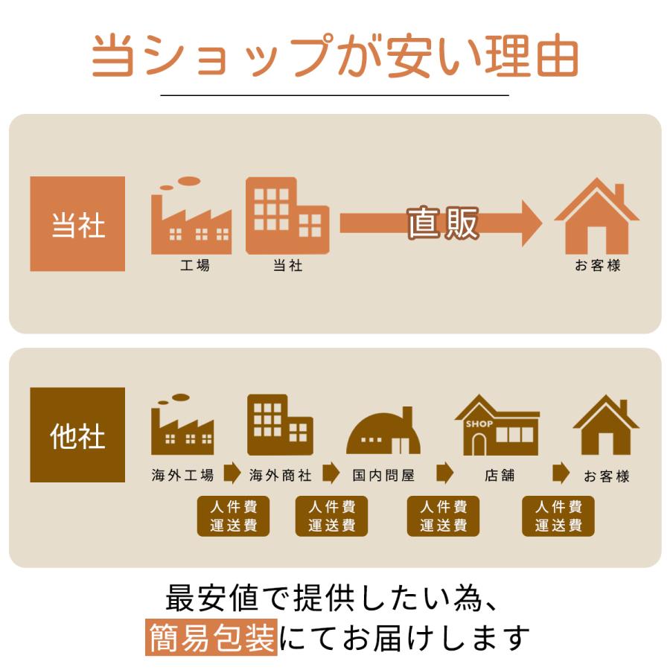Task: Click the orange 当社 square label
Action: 77,224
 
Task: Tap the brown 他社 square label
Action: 77,435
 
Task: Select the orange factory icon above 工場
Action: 191,218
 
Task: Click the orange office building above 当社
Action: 287,216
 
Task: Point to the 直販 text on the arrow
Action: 443,223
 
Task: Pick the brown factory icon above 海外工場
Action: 182,426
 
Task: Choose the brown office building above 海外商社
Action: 279,424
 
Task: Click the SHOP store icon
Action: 497,426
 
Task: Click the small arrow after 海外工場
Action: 232,473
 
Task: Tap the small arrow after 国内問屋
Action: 444,473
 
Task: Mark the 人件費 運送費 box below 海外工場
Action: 234,516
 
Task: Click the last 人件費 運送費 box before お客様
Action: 558,516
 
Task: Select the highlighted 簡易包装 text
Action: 211,637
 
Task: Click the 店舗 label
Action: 499,475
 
